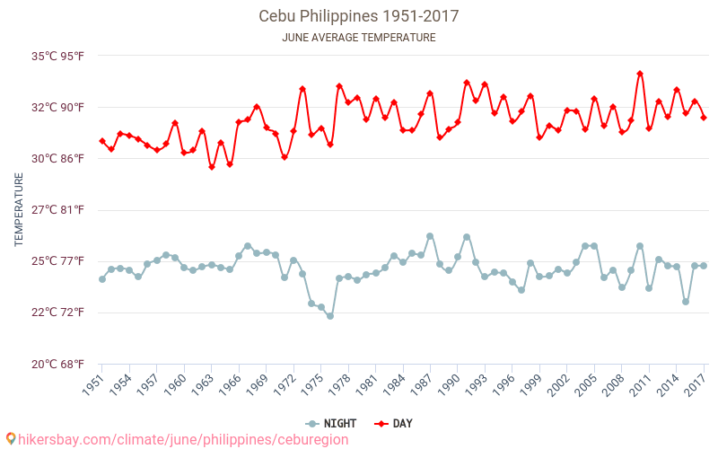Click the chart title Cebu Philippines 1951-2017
click(359, 16)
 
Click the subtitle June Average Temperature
click(359, 38)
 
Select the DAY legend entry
click(393, 423)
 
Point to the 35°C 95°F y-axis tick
click(58, 56)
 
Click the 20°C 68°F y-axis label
click(58, 364)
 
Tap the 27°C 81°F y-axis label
click(58, 210)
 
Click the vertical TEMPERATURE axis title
click(19, 210)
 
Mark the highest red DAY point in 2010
click(640, 74)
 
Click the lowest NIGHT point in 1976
click(330, 316)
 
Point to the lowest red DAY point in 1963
click(212, 167)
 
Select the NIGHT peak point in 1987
click(430, 236)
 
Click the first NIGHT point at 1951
click(102, 279)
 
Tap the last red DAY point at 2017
click(704, 118)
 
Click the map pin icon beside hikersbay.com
click(11, 439)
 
